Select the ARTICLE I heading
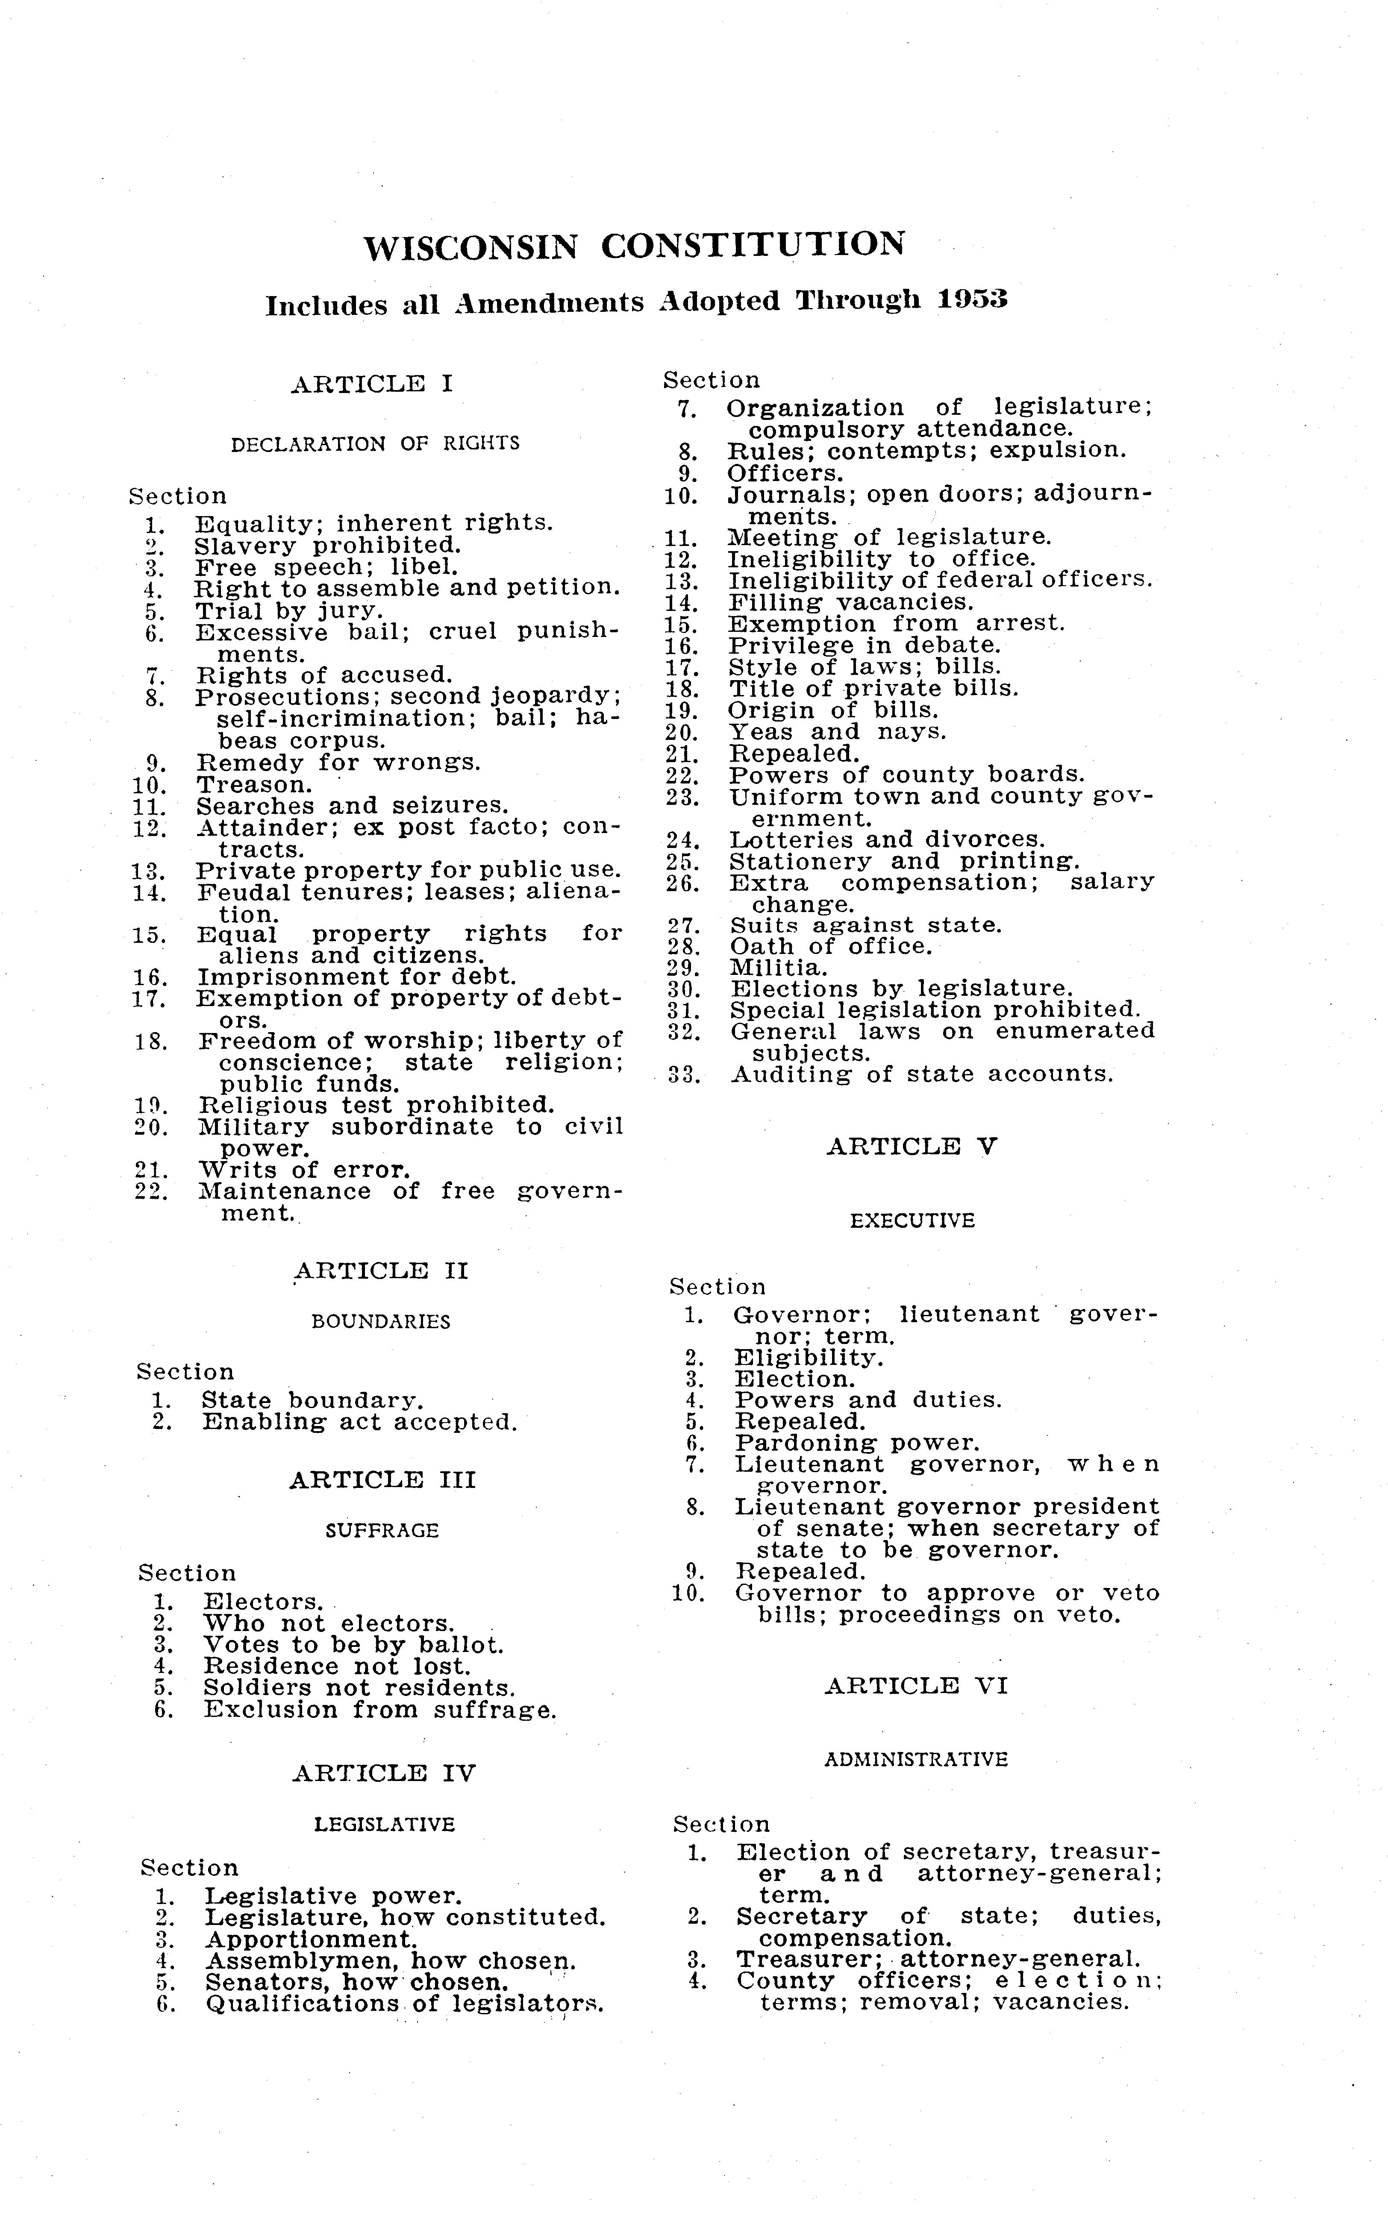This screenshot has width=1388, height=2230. [x=372, y=384]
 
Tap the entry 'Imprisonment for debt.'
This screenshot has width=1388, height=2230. [x=357, y=977]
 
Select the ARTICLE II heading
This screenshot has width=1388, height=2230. [x=381, y=1271]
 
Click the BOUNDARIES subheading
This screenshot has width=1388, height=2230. [x=381, y=1321]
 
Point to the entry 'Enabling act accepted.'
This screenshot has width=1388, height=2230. [x=360, y=1423]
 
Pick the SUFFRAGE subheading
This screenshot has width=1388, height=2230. [x=382, y=1531]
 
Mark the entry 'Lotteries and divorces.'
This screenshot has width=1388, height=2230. [x=887, y=840]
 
